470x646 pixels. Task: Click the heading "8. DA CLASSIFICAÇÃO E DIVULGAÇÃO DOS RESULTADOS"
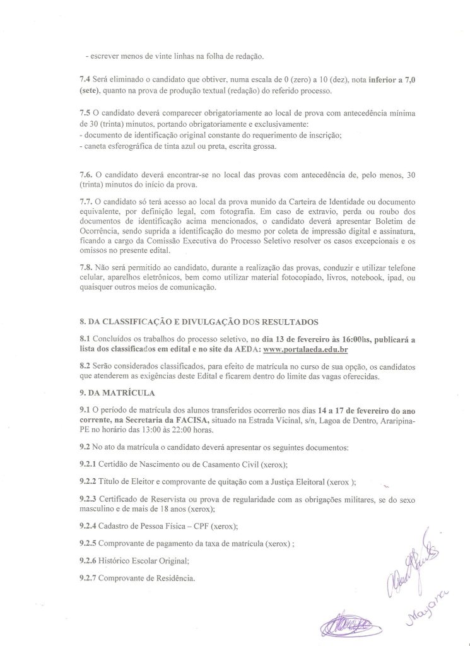pyautogui.click(x=199, y=321)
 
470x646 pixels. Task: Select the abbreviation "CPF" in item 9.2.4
pyautogui.click(x=190, y=526)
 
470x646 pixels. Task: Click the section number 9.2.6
pyautogui.click(x=91, y=560)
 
